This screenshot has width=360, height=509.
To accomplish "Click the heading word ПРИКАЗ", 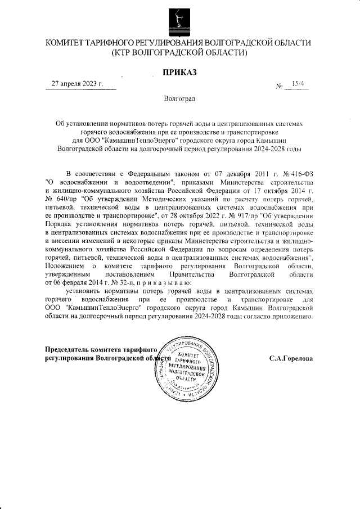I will point(180,72).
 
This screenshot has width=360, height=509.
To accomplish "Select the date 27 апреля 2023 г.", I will point(78,84).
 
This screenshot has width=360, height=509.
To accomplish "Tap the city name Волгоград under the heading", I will point(179,99).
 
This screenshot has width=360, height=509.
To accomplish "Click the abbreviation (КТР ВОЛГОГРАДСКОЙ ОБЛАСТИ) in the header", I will point(180,53).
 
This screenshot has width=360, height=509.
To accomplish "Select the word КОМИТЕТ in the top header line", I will point(67,43).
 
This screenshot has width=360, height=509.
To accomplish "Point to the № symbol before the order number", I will point(280,86).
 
